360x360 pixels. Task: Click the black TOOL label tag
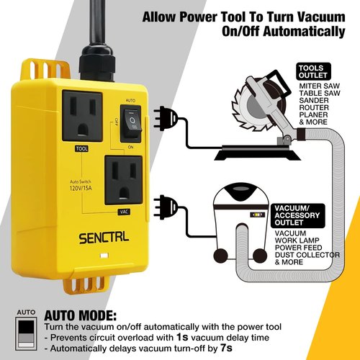pos(81,149)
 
